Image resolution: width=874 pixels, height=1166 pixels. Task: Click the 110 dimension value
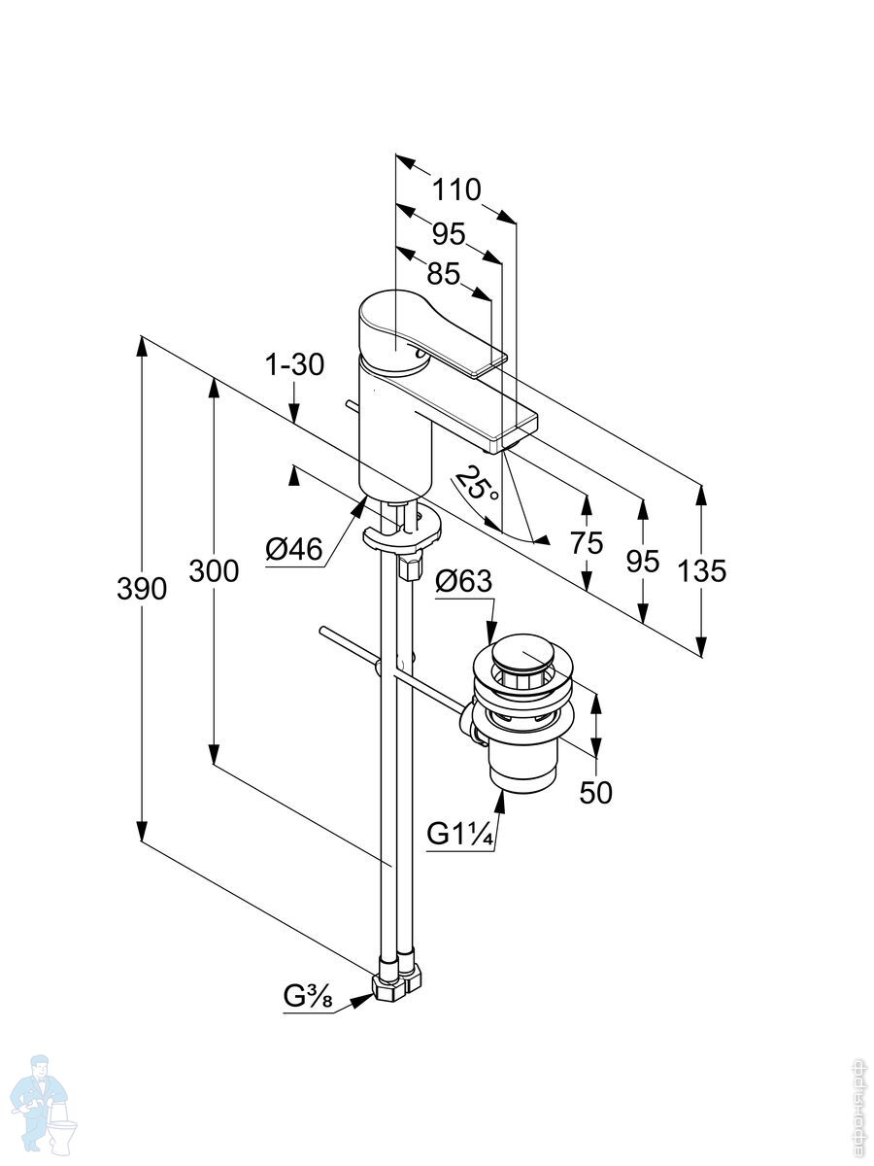tap(457, 189)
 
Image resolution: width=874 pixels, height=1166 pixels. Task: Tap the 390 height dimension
tap(141, 588)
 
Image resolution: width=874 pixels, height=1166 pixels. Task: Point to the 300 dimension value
tap(214, 571)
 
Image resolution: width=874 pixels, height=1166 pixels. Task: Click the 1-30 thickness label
tap(293, 365)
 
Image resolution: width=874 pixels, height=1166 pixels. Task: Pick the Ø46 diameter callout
tap(293, 549)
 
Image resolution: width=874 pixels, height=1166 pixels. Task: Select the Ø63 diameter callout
tap(463, 582)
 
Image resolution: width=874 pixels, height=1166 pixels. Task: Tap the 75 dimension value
tap(587, 543)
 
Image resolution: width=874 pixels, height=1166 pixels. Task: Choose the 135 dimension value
tap(702, 570)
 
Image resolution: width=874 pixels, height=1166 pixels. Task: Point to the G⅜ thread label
tap(310, 996)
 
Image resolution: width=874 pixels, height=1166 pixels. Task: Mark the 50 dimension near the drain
tap(595, 792)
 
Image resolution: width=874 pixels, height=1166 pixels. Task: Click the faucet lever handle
tap(427, 335)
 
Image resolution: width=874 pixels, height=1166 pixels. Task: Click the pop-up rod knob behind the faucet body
tap(348, 403)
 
